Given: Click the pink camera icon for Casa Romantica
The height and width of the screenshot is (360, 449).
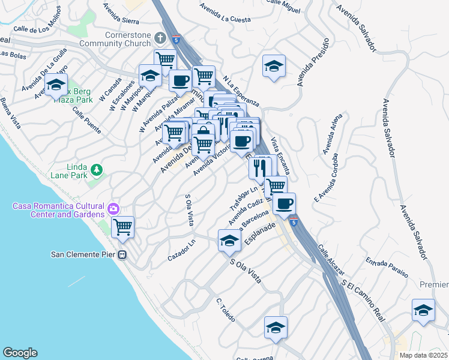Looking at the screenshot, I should (x=113, y=209).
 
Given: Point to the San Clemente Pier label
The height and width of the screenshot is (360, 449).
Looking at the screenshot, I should (x=82, y=254).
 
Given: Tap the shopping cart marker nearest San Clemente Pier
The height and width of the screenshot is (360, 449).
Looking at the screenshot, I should (x=123, y=227).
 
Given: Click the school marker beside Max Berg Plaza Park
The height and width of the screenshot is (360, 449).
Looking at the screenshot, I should (x=56, y=87).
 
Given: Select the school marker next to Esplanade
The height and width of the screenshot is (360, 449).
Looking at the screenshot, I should (x=229, y=241).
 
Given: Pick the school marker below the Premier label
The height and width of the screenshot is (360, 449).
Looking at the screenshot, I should (x=423, y=310).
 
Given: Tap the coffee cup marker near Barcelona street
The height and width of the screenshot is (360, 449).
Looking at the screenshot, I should (x=284, y=203).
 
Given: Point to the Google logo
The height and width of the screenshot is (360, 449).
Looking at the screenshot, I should (x=20, y=353).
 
